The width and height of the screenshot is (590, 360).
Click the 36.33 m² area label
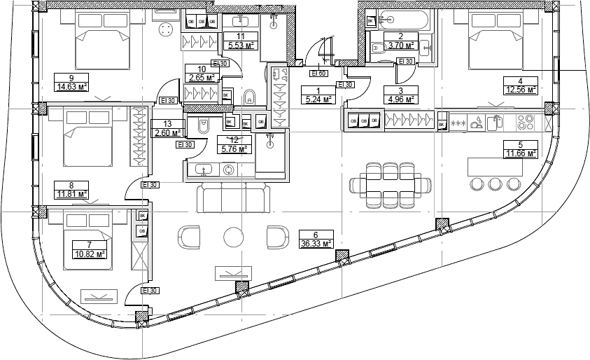(316, 244)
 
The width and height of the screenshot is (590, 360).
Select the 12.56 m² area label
(521, 89)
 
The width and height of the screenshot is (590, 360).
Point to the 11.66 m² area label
(521, 153)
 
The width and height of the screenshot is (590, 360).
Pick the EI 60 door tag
(318, 73)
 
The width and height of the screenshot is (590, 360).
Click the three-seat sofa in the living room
(233, 198)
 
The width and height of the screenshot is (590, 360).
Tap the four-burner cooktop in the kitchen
(525, 122)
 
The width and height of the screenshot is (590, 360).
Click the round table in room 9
(166, 29)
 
